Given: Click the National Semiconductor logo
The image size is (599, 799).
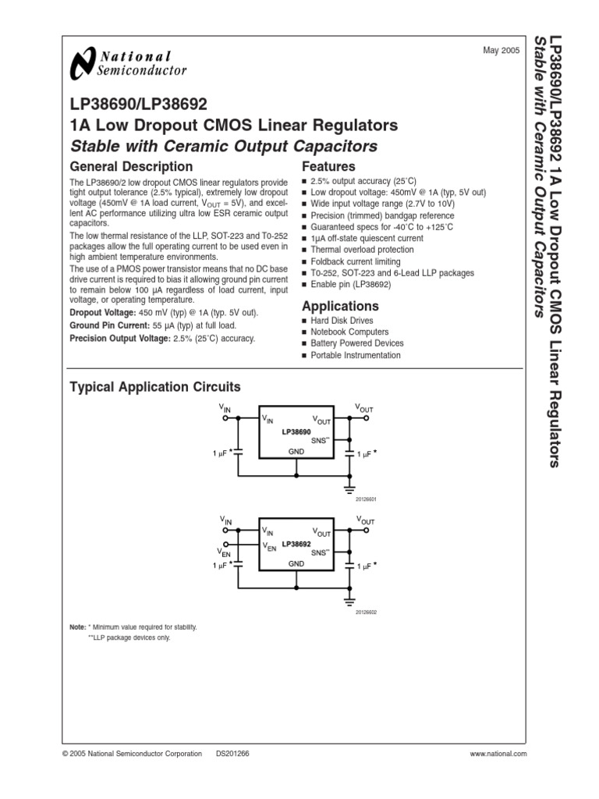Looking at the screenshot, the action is [x=129, y=63].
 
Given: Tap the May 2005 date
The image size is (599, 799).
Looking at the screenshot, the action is [x=502, y=51].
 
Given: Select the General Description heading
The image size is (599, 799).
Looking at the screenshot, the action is [x=131, y=166].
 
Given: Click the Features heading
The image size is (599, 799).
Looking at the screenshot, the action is [x=328, y=166].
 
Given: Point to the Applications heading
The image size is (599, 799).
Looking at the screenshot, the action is [x=341, y=306].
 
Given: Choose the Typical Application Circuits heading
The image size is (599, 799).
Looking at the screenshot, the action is [x=155, y=387].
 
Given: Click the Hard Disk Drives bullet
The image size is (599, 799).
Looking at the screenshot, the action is [x=342, y=321].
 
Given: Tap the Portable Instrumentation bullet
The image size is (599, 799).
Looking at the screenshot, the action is [x=355, y=356].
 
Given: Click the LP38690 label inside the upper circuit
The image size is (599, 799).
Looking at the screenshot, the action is [x=296, y=431].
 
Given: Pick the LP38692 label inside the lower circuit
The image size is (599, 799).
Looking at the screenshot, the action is [x=296, y=544].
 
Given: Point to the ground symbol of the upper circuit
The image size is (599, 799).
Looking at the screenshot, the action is [x=349, y=488].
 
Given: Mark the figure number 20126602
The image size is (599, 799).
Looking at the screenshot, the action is [x=366, y=613].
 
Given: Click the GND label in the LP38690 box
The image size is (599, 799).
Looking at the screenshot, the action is [x=296, y=451].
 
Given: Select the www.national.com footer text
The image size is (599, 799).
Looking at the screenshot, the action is [x=498, y=754].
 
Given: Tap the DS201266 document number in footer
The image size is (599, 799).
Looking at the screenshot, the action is [x=232, y=754].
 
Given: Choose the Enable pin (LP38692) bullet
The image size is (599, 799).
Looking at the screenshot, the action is [x=350, y=286].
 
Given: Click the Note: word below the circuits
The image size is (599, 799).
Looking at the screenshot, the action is [x=77, y=627].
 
